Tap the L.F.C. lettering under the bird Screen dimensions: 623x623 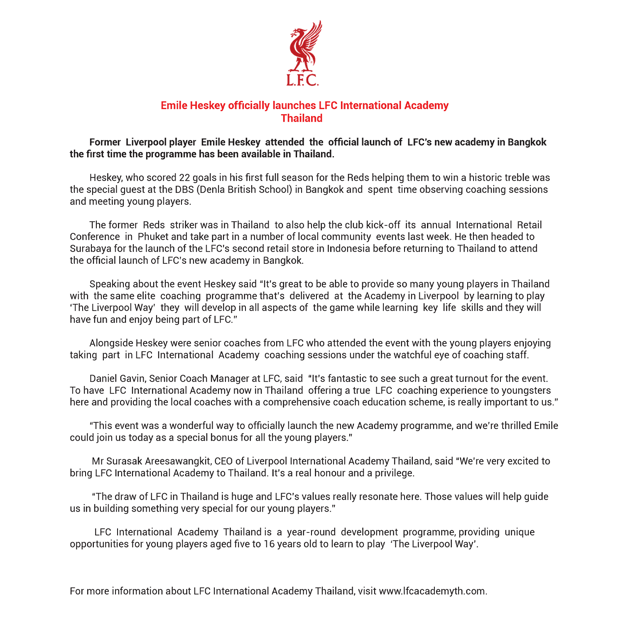click(x=302, y=80)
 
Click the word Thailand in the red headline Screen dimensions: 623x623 click(x=302, y=118)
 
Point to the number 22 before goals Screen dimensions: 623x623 click(x=184, y=178)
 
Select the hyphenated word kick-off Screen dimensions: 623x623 click(x=383, y=225)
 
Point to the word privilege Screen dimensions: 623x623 click(x=394, y=473)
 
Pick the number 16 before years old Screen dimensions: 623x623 click(x=270, y=545)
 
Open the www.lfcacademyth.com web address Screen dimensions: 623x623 click(x=432, y=591)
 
